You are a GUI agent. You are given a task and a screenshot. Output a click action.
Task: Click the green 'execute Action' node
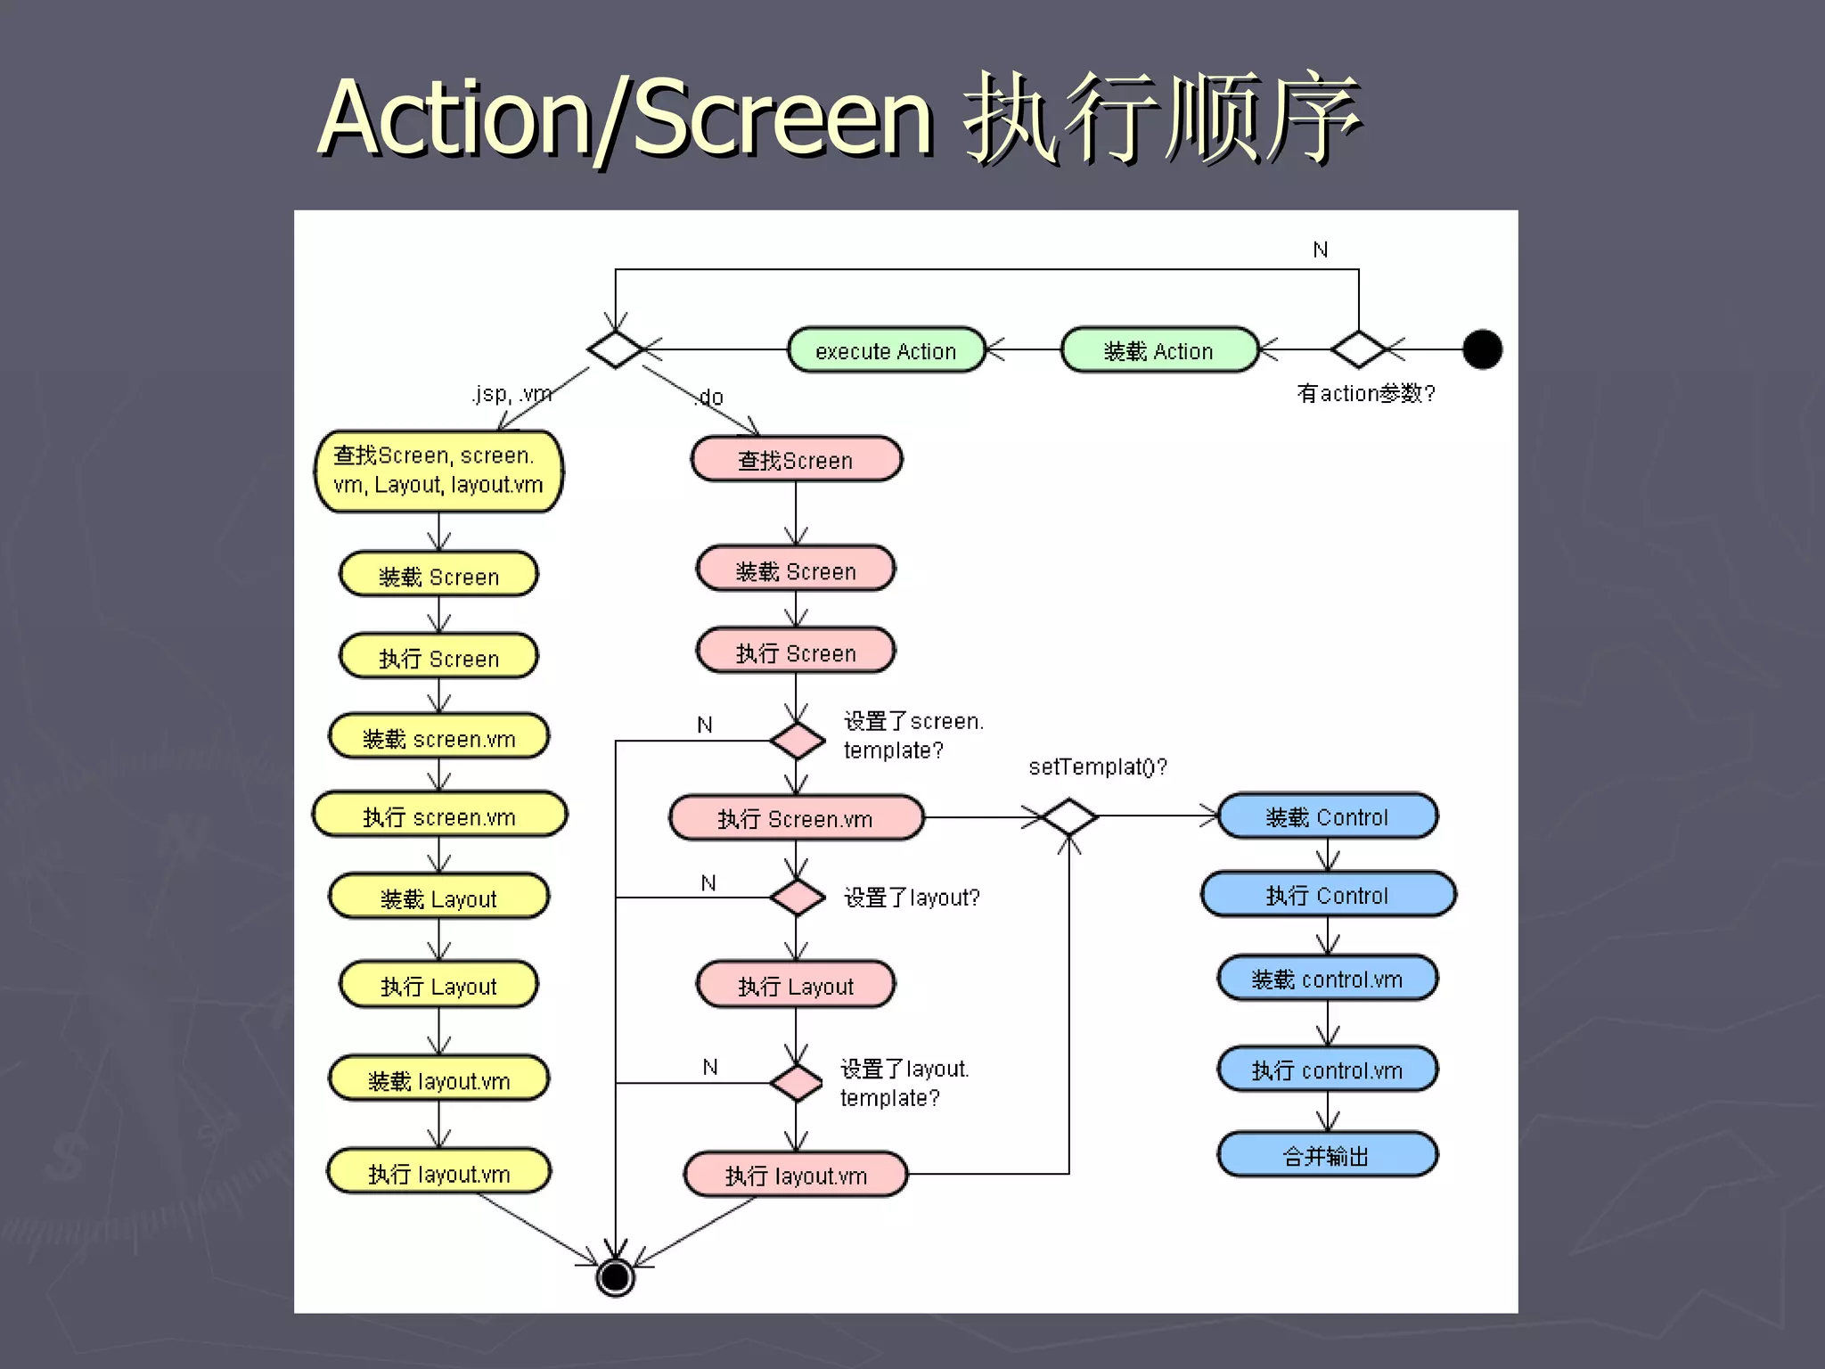point(886,350)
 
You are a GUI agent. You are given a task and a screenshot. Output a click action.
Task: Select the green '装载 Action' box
point(1158,350)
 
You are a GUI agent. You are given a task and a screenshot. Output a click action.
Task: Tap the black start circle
point(1482,349)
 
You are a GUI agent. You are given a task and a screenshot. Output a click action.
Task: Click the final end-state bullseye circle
point(615,1276)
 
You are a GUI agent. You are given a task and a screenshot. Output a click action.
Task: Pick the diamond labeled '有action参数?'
point(1357,349)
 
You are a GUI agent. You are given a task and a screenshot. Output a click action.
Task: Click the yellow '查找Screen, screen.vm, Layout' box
point(438,471)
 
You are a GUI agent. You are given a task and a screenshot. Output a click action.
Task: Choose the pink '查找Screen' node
point(796,460)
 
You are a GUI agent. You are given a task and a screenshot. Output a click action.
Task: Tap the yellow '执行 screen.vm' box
point(439,816)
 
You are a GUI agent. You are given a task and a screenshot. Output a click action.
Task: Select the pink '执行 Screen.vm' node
point(796,818)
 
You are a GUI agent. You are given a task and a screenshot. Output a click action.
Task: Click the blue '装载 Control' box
point(1327,816)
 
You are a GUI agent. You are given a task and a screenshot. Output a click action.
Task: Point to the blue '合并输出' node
point(1327,1155)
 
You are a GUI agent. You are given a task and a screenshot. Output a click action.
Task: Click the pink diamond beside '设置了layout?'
point(797,898)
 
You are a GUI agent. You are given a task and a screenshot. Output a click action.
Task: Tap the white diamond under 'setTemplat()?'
point(1068,816)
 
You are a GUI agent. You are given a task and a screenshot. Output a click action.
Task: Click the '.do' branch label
point(709,398)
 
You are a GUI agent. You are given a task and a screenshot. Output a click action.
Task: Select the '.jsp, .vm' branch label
point(511,394)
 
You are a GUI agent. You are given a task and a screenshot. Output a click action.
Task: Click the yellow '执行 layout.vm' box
point(439,1173)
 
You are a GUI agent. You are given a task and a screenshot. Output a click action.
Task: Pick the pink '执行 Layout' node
point(796,986)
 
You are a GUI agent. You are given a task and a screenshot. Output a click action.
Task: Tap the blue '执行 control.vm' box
point(1327,1070)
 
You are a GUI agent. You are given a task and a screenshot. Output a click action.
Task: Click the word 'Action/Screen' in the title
point(624,118)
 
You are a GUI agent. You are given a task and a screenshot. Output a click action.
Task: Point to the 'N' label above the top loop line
point(1321,250)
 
